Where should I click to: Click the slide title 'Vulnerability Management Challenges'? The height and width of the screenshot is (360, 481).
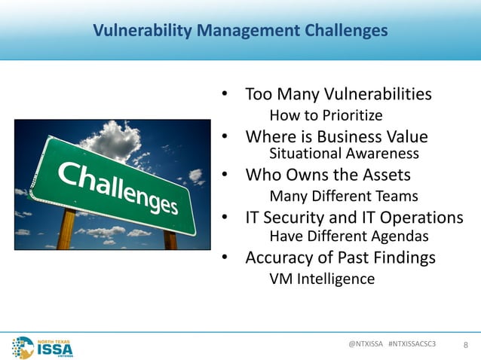pos(240,31)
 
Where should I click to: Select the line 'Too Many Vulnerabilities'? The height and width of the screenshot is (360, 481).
pos(338,95)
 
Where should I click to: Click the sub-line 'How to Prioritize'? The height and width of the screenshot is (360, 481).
pos(326,115)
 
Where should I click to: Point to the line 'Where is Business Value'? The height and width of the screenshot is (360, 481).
pos(336,137)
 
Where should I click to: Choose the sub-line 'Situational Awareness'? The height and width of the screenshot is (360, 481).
pos(343,154)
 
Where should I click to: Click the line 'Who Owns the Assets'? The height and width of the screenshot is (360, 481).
pos(328,175)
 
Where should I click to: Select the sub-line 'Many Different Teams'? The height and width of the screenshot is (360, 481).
pos(343,197)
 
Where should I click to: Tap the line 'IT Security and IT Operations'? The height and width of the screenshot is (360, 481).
pos(354,218)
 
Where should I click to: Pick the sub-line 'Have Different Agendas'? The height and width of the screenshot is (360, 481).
pos(348,236)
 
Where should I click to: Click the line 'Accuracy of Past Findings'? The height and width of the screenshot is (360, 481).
pos(340,258)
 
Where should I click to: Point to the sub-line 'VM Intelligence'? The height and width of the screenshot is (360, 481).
pos(321,279)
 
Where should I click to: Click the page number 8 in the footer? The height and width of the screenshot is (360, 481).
pos(465,346)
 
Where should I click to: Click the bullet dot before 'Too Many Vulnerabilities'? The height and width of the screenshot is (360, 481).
pos(224,96)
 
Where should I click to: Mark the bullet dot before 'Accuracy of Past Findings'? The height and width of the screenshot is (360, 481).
pos(224,258)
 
